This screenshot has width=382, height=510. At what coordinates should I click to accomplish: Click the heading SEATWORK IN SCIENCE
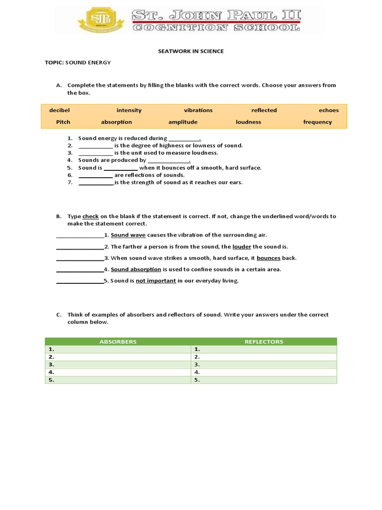(191, 51)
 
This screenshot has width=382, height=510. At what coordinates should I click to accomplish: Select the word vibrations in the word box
(198, 111)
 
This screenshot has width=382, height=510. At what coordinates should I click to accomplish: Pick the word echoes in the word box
(328, 111)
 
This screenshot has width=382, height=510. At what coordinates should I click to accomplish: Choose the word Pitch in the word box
(63, 122)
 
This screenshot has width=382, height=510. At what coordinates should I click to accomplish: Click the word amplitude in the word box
(183, 122)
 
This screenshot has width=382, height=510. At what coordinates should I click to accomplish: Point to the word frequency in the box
(317, 122)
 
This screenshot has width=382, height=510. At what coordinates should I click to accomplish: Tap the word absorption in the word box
(116, 122)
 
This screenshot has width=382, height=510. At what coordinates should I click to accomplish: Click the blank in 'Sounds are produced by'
(169, 161)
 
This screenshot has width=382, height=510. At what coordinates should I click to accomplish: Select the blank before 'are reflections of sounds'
(95, 175)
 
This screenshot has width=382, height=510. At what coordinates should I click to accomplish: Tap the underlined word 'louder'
(242, 247)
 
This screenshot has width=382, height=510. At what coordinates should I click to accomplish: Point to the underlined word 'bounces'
(269, 258)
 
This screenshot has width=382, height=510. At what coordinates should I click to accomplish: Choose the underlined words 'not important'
(156, 281)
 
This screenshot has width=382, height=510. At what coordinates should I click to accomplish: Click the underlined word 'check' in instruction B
(91, 217)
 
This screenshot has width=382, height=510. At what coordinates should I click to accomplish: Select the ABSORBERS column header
(118, 342)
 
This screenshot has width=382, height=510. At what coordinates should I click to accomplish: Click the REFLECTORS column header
(264, 342)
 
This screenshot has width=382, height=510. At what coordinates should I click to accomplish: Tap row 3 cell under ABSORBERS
(118, 365)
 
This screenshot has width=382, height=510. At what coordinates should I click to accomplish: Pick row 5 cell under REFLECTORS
(264, 380)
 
